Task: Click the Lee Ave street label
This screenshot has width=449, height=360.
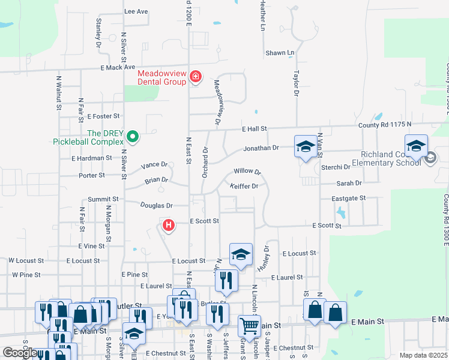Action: pos(136,11)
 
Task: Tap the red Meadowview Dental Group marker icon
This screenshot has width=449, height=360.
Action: pos(195,77)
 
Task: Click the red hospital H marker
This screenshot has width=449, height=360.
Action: pos(169,226)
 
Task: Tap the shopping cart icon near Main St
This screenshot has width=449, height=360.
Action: pos(249,327)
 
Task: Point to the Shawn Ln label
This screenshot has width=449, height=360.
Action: pos(280,53)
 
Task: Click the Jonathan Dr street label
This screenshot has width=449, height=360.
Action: pos(261,148)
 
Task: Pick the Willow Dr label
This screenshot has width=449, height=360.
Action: pos(247,172)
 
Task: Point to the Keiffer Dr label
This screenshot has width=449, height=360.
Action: pos(244,186)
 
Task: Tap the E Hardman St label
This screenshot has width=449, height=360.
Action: pos(91,158)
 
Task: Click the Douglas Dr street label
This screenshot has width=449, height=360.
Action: pos(156,205)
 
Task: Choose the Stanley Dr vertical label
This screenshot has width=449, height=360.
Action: pos(98,32)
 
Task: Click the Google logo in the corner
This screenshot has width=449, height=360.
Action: pos(20,352)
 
